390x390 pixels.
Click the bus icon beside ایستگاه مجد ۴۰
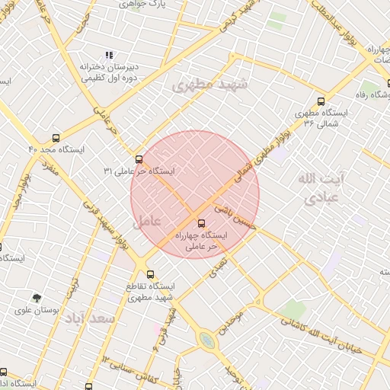point(56,139)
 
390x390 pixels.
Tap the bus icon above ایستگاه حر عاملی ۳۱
point(139,159)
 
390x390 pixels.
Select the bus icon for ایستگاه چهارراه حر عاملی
point(201,223)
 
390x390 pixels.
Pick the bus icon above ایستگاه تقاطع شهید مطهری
point(150,274)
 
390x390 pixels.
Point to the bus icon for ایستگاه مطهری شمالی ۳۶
point(321,101)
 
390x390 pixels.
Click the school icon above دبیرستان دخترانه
point(110,55)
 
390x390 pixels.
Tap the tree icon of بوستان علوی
point(37,298)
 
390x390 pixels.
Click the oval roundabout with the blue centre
point(206,340)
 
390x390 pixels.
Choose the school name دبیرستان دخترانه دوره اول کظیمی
point(108,72)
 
